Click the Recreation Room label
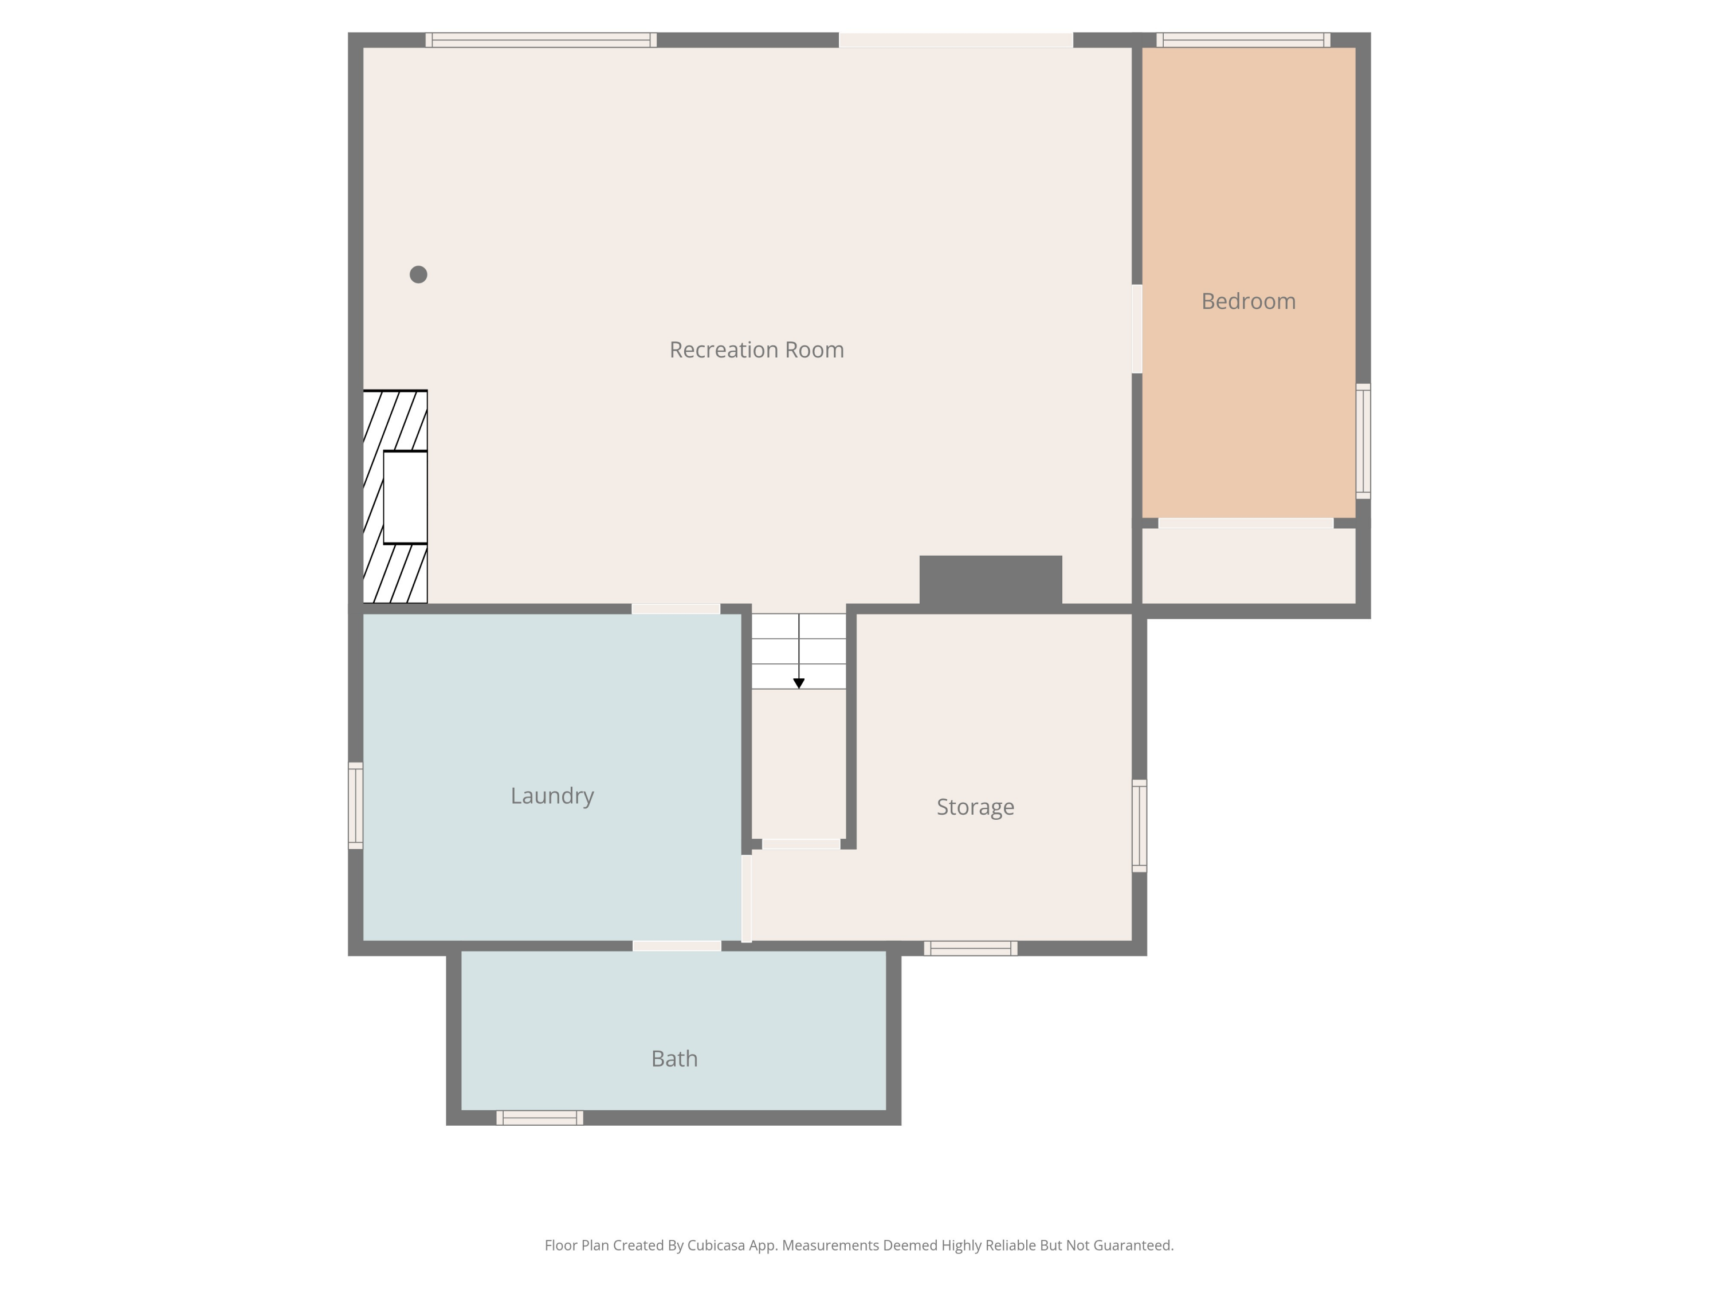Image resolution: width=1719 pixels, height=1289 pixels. [x=756, y=349]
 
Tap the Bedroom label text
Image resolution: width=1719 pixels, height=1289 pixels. [x=1248, y=301]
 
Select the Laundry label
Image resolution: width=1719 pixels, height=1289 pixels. [x=552, y=796]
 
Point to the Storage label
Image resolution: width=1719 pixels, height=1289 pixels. [x=975, y=807]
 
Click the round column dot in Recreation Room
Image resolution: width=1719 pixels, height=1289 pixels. [x=418, y=274]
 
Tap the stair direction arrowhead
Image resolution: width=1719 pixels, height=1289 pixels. [x=799, y=683]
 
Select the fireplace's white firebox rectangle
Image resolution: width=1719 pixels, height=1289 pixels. [x=406, y=497]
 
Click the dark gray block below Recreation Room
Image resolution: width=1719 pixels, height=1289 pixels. [x=991, y=580]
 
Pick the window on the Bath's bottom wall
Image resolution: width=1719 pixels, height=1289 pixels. [x=540, y=1118]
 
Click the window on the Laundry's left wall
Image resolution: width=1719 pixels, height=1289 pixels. [x=355, y=805]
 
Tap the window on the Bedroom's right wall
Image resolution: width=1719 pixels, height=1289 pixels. [x=1363, y=441]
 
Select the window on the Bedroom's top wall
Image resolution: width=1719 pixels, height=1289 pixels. [x=1243, y=40]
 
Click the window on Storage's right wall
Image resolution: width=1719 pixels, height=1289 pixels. [x=1139, y=826]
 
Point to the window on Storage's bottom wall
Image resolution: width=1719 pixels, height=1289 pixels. [x=971, y=948]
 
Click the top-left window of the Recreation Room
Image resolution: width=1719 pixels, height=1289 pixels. [x=541, y=40]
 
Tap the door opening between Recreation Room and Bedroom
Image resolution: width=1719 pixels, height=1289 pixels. [x=1137, y=329]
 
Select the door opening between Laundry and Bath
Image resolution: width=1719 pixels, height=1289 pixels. [x=677, y=946]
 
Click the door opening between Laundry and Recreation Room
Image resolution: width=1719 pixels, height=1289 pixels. [x=676, y=609]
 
